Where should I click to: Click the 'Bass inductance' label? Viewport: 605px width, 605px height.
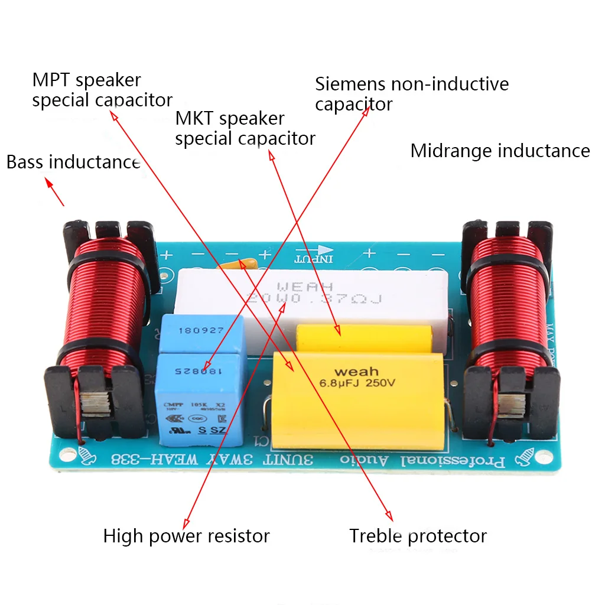(x=73, y=162)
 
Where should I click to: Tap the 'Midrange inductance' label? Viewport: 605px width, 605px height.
(x=500, y=151)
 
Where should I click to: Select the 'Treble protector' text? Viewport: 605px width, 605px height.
(x=418, y=536)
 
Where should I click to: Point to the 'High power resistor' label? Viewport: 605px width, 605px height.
(x=186, y=536)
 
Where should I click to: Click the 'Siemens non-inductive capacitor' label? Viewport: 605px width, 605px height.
(x=411, y=93)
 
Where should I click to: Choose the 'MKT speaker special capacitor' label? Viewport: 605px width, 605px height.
(x=245, y=128)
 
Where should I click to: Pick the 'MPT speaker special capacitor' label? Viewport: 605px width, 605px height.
(x=102, y=89)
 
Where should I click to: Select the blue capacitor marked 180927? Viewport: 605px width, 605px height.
(x=201, y=334)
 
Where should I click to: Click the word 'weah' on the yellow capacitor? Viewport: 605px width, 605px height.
(x=356, y=372)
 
